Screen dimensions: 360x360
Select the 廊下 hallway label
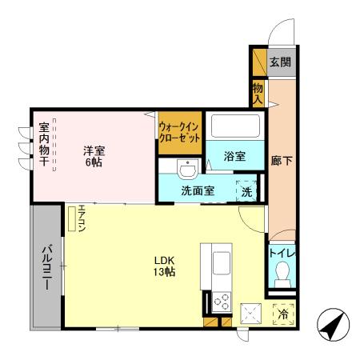tap(281, 161)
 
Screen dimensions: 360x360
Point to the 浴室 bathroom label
tap(234, 154)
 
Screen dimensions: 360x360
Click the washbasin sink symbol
tap(186, 170)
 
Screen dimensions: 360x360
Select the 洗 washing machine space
tap(247, 191)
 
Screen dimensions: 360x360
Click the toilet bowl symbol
tap(281, 278)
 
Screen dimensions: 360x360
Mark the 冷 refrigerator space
tap(282, 315)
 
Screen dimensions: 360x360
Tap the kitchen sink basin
tap(222, 261)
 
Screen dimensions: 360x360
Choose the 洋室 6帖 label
tap(94, 154)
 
